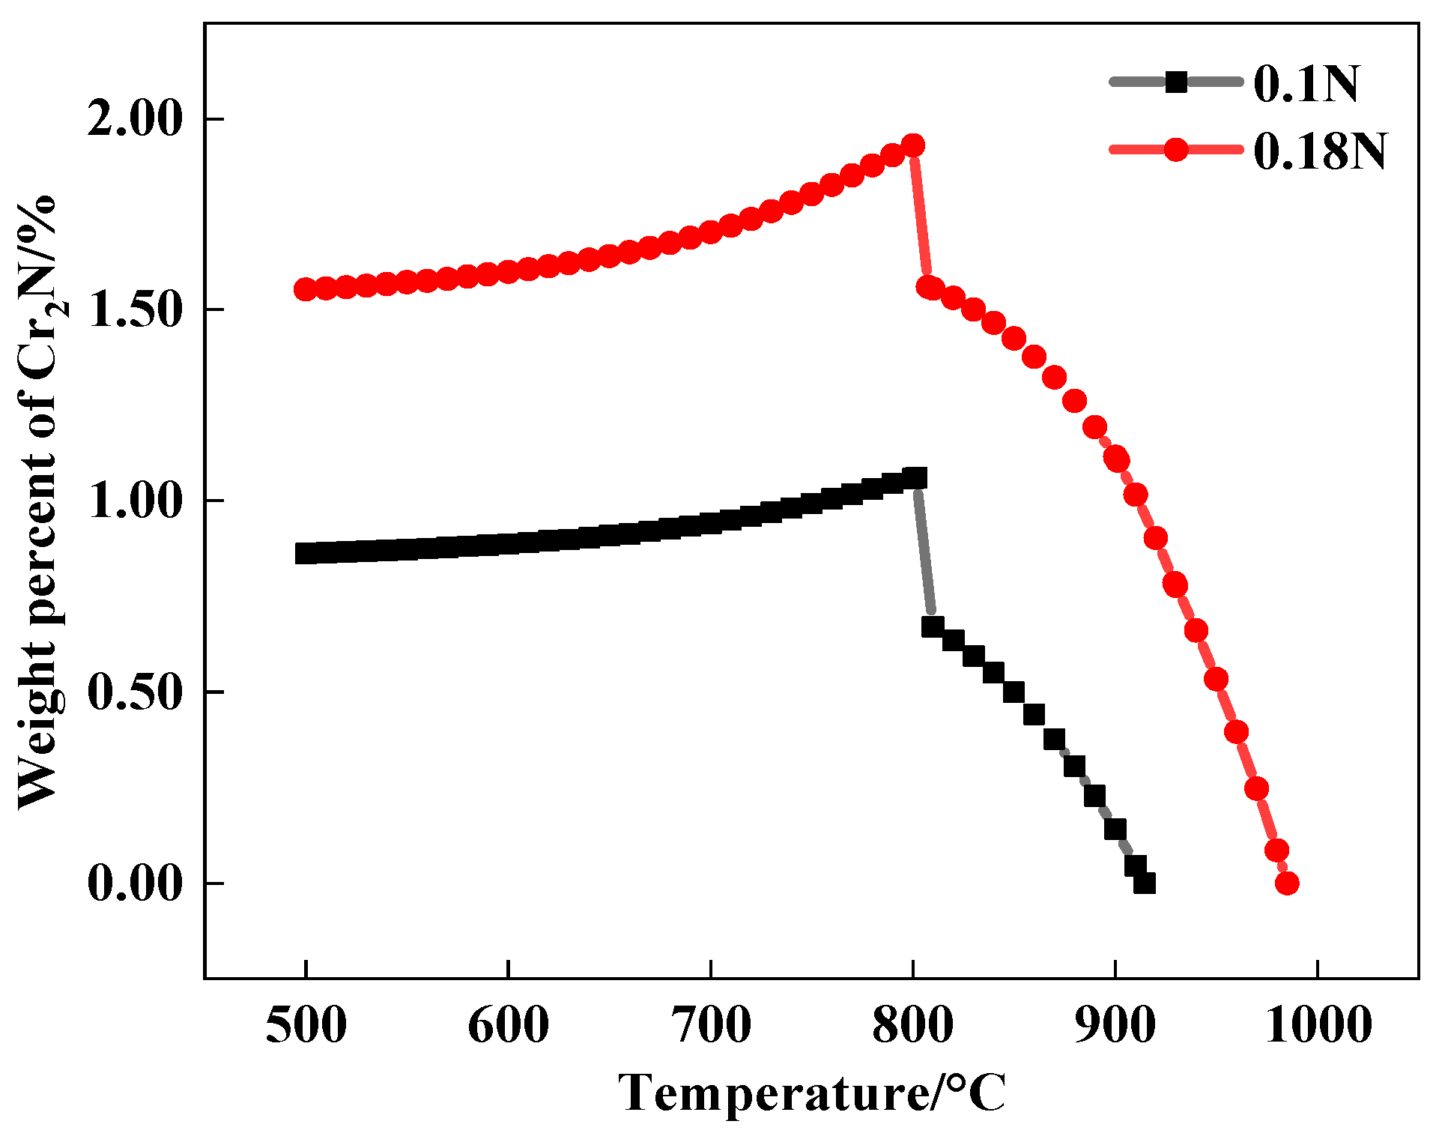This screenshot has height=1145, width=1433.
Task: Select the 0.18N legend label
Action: pyautogui.click(x=1320, y=151)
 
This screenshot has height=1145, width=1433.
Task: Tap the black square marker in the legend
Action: pyautogui.click(x=1177, y=82)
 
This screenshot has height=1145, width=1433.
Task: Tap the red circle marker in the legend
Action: pyautogui.click(x=1177, y=149)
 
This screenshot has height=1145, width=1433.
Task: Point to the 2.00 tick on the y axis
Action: pyautogui.click(x=135, y=120)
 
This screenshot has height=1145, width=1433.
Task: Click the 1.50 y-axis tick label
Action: pyautogui.click(x=135, y=311)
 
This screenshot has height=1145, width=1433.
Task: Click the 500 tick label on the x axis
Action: pyautogui.click(x=306, y=1025)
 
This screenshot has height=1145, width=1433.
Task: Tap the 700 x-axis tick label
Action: pyautogui.click(x=710, y=1025)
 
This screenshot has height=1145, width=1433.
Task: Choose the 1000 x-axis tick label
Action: pyautogui.click(x=1318, y=1025)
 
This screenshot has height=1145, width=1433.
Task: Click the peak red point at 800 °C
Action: pyautogui.click(x=912, y=145)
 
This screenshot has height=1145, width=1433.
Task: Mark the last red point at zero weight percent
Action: pyautogui.click(x=1287, y=883)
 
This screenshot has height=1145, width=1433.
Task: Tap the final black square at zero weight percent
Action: pyautogui.click(x=1145, y=883)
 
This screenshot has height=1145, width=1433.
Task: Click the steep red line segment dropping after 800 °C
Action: pyautogui.click(x=921, y=217)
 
